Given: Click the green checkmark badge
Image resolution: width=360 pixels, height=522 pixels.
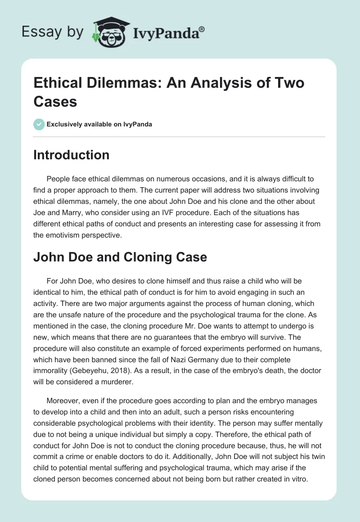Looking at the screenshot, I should click(x=39, y=124).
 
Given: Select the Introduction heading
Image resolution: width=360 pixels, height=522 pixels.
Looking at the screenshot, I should click(x=72, y=155).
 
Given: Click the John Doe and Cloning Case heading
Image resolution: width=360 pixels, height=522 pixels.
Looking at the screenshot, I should click(x=120, y=257).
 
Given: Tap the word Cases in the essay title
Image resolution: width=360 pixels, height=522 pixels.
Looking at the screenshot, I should click(x=55, y=101).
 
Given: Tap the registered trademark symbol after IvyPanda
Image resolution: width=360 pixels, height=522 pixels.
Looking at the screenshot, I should click(x=202, y=28).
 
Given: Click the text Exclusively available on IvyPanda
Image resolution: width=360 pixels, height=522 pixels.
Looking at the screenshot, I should click(x=99, y=124).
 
